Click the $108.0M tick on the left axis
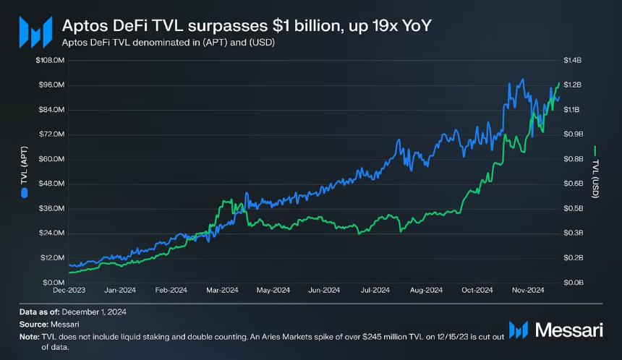click(50, 60)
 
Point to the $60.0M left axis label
click(51, 159)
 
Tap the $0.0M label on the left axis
click(54, 283)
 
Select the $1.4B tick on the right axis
click(572, 60)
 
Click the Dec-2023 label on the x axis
click(69, 290)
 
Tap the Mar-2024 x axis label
click(222, 290)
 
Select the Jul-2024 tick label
click(375, 290)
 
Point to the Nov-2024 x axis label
click(528, 290)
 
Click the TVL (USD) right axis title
click(595, 179)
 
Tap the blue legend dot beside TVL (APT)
click(24, 193)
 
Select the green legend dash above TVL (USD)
click(595, 151)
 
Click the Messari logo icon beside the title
click(35, 32)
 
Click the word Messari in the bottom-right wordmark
click(569, 330)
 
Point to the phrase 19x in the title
click(384, 26)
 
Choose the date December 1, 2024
click(94, 312)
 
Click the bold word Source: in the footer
click(34, 325)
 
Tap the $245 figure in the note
click(372, 337)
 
